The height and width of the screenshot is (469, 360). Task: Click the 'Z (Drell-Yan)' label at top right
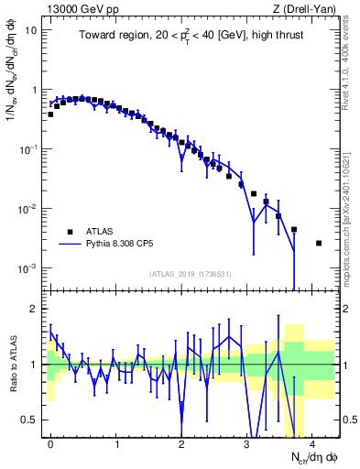click(x=307, y=8)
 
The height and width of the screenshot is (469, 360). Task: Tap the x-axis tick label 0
click(x=50, y=442)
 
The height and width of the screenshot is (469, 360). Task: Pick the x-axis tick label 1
click(x=116, y=442)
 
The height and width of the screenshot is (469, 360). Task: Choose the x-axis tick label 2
click(x=181, y=442)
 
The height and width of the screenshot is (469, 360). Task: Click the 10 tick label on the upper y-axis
click(x=30, y=30)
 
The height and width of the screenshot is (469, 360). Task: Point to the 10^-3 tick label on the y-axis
click(x=28, y=268)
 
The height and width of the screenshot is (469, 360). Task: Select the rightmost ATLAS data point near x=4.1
click(x=318, y=243)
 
